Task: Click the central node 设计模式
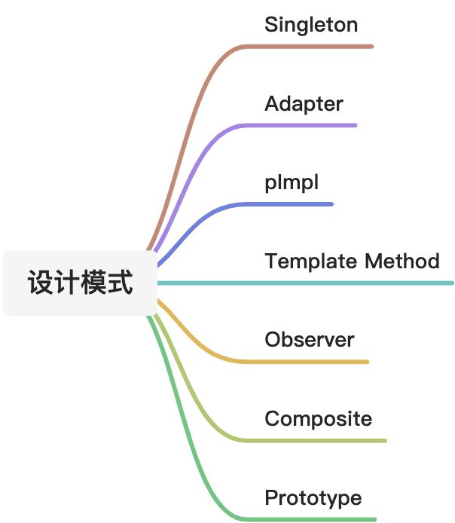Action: point(80,283)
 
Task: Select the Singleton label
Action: point(311,26)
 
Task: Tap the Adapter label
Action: point(304,104)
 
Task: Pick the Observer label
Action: point(309,340)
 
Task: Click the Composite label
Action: point(318,419)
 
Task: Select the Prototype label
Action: point(313,498)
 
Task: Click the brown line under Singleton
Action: point(316,47)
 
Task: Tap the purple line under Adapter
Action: point(309,125)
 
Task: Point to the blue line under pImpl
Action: point(294,204)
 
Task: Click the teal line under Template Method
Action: point(339,283)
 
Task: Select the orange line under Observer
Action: point(316,362)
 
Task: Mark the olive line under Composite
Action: point(324,440)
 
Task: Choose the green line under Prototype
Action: point(316,518)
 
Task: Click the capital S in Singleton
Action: point(271,25)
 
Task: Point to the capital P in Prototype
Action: point(271,498)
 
